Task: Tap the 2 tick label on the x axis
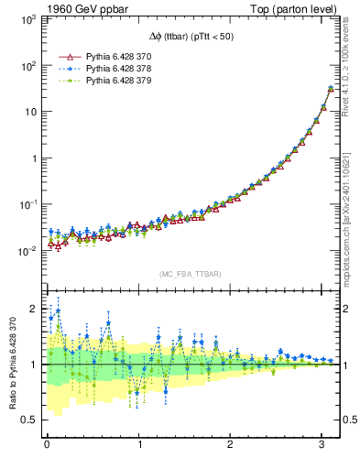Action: click(x=230, y=444)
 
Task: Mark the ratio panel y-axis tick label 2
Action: click(x=35, y=309)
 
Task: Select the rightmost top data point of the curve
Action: click(x=331, y=89)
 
